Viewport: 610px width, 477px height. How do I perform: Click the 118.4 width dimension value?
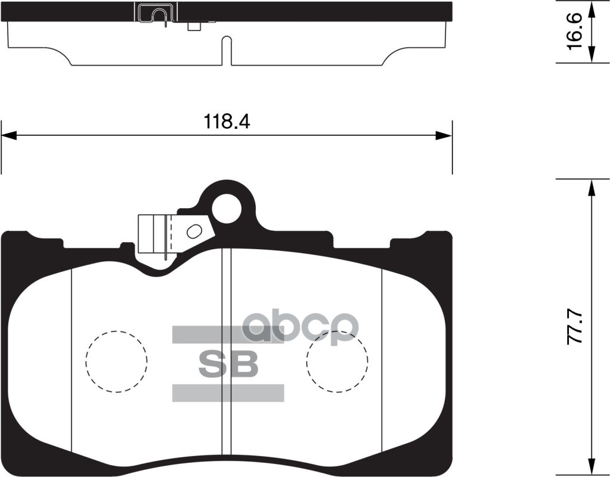tap(227, 122)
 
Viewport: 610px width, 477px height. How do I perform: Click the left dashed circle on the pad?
tap(116, 361)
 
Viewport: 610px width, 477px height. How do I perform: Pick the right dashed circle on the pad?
tap(337, 361)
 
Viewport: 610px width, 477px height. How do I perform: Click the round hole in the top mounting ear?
tap(227, 208)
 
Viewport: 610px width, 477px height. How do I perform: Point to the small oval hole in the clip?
tap(194, 231)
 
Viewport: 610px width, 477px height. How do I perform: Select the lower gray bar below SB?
tap(228, 393)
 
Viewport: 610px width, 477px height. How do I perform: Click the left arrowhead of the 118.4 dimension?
tap(10, 137)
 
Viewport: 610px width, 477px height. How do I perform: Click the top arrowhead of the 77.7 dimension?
tap(591, 187)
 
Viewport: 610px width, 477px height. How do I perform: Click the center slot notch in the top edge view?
tap(226, 51)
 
